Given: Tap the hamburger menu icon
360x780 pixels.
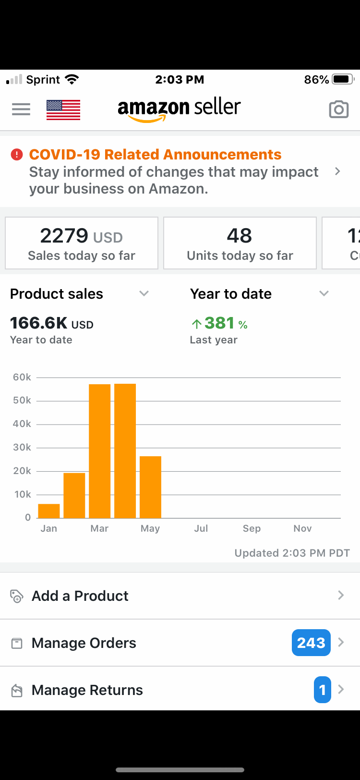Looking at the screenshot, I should (21, 110).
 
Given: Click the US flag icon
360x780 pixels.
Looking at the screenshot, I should (63, 110).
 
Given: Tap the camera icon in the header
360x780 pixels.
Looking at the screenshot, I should (338, 110).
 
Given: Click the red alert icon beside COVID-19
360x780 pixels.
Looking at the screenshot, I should (17, 155).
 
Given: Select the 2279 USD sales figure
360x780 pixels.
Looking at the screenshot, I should (65, 235).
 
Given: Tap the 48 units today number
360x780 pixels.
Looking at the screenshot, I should (239, 235).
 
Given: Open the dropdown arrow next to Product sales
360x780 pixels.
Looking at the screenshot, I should (144, 293).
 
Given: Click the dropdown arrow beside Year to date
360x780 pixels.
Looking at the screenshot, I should (324, 293).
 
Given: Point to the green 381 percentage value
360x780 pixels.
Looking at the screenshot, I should (220, 323).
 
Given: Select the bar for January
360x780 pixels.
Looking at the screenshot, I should (49, 511).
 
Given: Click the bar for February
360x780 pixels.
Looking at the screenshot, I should (74, 496).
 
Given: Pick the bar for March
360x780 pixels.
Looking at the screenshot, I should (100, 451).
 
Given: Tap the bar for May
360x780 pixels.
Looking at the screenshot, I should (150, 487).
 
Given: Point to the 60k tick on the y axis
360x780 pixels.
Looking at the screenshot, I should (22, 377).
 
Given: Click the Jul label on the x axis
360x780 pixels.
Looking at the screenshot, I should (201, 528).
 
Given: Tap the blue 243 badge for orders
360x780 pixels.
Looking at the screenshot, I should (311, 643).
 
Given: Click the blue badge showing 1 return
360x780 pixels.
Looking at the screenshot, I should (323, 690).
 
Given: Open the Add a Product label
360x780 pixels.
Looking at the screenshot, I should (80, 596).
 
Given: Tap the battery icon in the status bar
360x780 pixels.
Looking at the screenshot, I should (343, 79).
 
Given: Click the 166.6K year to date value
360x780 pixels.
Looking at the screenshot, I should (39, 323).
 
